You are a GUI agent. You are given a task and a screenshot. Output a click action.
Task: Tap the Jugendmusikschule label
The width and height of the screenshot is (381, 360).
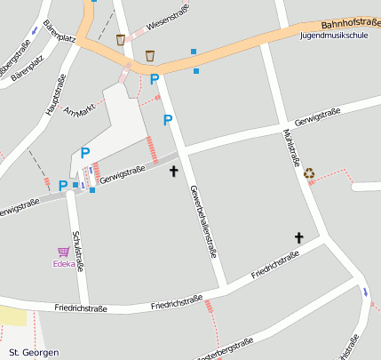334,36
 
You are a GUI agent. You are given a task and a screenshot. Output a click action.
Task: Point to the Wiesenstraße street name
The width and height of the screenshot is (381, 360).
160,27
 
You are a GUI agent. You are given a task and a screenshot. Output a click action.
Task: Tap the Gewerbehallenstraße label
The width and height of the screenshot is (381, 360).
203,220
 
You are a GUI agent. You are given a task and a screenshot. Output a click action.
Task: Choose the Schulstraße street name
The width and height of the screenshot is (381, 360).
79,250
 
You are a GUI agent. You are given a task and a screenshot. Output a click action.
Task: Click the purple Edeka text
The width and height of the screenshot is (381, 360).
64,264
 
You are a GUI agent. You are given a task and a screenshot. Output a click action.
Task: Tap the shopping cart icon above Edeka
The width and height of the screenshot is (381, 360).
63,252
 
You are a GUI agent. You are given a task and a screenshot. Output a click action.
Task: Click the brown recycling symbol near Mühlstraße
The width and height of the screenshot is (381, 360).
309,173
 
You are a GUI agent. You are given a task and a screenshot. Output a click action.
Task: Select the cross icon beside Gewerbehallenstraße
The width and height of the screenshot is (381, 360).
173,168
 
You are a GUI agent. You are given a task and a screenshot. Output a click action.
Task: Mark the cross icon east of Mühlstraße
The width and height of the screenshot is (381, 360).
299,237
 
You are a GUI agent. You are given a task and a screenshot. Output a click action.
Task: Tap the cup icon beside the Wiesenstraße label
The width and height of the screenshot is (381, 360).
121,40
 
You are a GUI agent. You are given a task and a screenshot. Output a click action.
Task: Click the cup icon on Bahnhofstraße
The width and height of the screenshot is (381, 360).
150,55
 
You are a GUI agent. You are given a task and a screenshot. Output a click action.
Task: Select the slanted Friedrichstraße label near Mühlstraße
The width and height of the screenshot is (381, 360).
275,263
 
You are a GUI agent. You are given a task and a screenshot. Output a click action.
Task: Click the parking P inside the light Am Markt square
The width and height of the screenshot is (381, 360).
85,153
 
